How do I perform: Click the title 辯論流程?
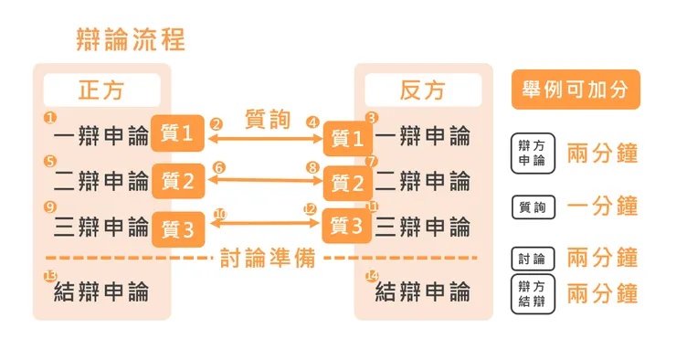tap(132, 40)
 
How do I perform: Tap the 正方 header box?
tap(101, 90)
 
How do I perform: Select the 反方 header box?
tap(422, 90)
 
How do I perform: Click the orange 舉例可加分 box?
tap(576, 90)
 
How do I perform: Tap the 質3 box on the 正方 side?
tap(177, 228)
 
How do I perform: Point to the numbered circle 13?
tap(50, 276)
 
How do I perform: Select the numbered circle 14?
tap(371, 276)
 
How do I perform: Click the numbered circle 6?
tap(217, 168)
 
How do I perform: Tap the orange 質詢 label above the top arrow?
tap(268, 120)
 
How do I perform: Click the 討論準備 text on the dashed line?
tap(268, 259)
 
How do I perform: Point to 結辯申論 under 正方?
tap(101, 293)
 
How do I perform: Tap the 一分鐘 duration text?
tap(602, 206)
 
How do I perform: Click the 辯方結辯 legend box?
tap(533, 294)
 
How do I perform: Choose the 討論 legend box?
tap(533, 259)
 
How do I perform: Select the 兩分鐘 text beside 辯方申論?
tap(602, 152)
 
